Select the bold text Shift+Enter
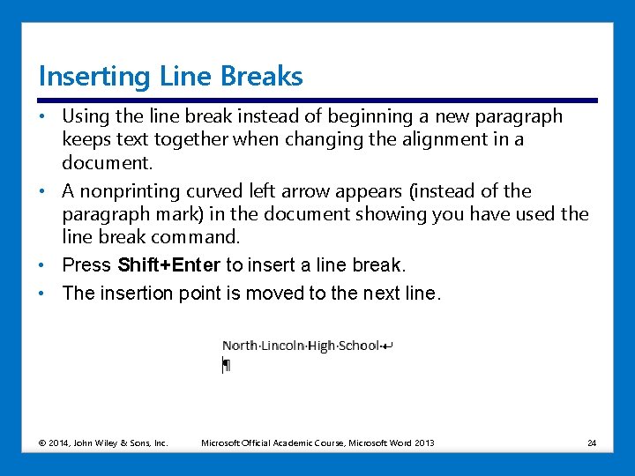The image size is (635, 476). coord(169,265)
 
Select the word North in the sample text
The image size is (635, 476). coord(240,346)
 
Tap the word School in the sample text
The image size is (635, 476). coord(358,346)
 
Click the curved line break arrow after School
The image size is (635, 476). coord(388,346)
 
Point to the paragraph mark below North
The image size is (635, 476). coord(227,365)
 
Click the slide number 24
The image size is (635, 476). coord(592,443)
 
